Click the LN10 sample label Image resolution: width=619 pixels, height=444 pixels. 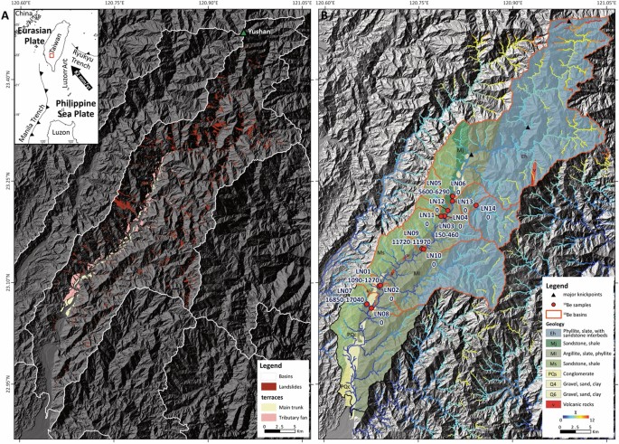point(434,256)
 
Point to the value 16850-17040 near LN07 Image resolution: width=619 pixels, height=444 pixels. point(343,299)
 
